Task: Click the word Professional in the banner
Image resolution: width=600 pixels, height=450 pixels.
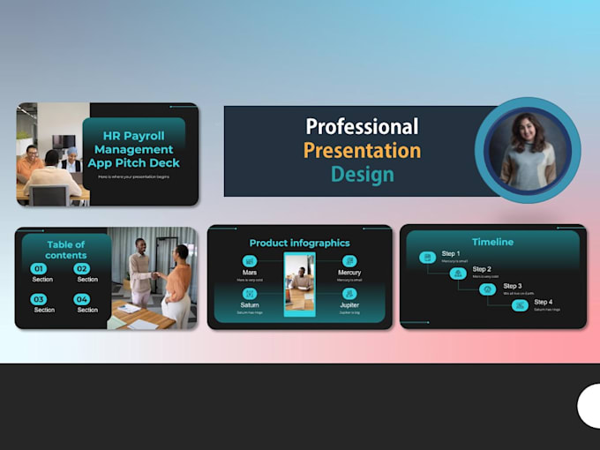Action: (x=362, y=126)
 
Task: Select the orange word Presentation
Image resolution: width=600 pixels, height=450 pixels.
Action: (x=362, y=150)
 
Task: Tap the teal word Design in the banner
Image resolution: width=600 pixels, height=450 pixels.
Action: (x=361, y=174)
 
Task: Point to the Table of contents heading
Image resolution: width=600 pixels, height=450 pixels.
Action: (x=66, y=250)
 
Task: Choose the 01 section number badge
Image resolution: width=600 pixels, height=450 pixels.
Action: (x=38, y=268)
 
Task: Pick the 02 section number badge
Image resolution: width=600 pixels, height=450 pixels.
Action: (x=82, y=268)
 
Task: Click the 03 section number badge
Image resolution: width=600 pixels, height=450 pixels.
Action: (x=38, y=299)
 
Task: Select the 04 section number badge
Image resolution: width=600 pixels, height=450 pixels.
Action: (x=82, y=299)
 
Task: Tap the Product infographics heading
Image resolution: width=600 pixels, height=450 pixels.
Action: (x=299, y=243)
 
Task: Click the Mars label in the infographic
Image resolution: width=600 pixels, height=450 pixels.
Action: (x=250, y=272)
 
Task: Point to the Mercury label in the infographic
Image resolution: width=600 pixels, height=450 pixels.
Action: (x=349, y=273)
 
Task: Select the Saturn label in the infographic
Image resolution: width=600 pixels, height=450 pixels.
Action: (x=250, y=304)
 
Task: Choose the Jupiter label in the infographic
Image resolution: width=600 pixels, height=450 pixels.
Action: (x=349, y=304)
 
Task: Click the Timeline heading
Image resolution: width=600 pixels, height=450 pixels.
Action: (x=492, y=242)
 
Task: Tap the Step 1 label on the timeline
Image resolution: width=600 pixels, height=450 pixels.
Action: (x=452, y=253)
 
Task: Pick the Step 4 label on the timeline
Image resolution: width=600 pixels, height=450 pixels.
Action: (x=544, y=302)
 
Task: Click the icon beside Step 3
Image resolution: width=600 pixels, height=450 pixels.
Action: (x=487, y=289)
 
